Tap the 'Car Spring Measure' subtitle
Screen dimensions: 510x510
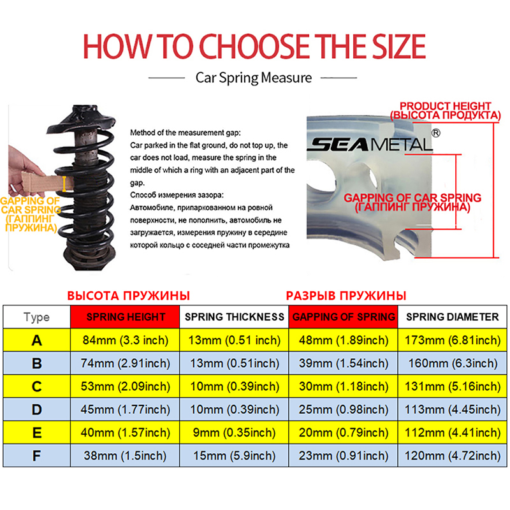tap(253, 78)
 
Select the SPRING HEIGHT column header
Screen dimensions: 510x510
tap(126, 317)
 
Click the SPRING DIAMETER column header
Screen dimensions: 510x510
tap(452, 317)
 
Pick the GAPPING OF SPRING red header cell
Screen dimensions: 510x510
tap(343, 317)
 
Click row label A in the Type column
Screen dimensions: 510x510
tap(37, 340)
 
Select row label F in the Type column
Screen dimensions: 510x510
tap(37, 456)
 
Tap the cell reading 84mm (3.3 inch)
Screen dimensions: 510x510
tap(126, 340)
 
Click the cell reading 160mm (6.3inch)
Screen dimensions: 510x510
tap(452, 363)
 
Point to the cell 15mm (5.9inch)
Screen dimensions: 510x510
tap(234, 456)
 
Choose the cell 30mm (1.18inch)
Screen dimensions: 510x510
tap(343, 387)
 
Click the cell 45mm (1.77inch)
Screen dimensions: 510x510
tap(126, 410)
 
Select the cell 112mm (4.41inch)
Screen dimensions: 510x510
tap(452, 433)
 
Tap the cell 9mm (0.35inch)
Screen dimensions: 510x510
tap(234, 433)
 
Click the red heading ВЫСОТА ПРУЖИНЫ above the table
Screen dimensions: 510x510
tap(129, 296)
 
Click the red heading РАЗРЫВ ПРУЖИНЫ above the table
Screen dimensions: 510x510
tap(346, 296)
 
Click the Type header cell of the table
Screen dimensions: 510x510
tap(37, 317)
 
